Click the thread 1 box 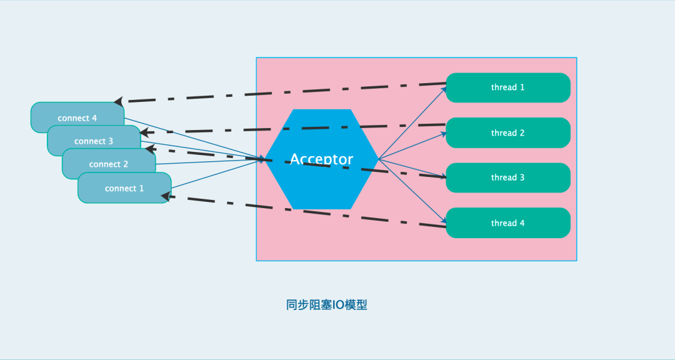[507, 87]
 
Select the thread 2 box [507, 132]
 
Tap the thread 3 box [507, 177]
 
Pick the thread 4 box [507, 223]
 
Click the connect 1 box [124, 188]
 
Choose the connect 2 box [108, 164]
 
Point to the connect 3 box [94, 141]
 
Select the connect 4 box [77, 118]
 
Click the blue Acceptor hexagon [321, 181]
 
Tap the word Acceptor [321, 159]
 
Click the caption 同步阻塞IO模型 [326, 305]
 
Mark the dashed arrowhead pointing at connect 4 [119, 101]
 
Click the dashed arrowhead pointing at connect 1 [166, 196]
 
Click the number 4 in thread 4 [522, 223]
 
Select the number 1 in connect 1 [141, 188]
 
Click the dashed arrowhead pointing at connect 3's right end [144, 132]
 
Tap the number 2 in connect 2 [126, 164]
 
